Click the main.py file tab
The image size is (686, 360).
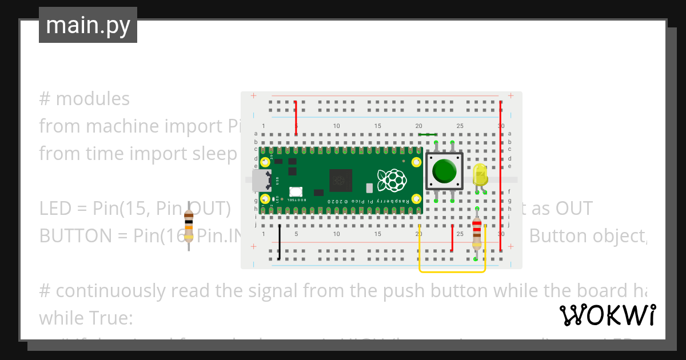pyautogui.click(x=87, y=25)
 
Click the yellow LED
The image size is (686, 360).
pyautogui.click(x=480, y=174)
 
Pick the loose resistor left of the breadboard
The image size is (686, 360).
pyautogui.click(x=189, y=225)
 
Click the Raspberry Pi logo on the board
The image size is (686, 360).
pyautogui.click(x=393, y=180)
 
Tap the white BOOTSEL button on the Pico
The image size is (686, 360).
pyautogui.click(x=296, y=192)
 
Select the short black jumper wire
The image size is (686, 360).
pyautogui.click(x=280, y=242)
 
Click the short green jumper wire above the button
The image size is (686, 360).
pyautogui.click(x=428, y=135)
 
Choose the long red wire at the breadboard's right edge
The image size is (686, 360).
pyautogui.click(x=501, y=177)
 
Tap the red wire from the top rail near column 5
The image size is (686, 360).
pyautogui.click(x=296, y=118)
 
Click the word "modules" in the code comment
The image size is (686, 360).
pyautogui.click(x=93, y=99)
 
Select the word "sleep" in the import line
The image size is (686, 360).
pyautogui.click(x=217, y=154)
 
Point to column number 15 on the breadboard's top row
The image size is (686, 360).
pyautogui.click(x=377, y=126)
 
